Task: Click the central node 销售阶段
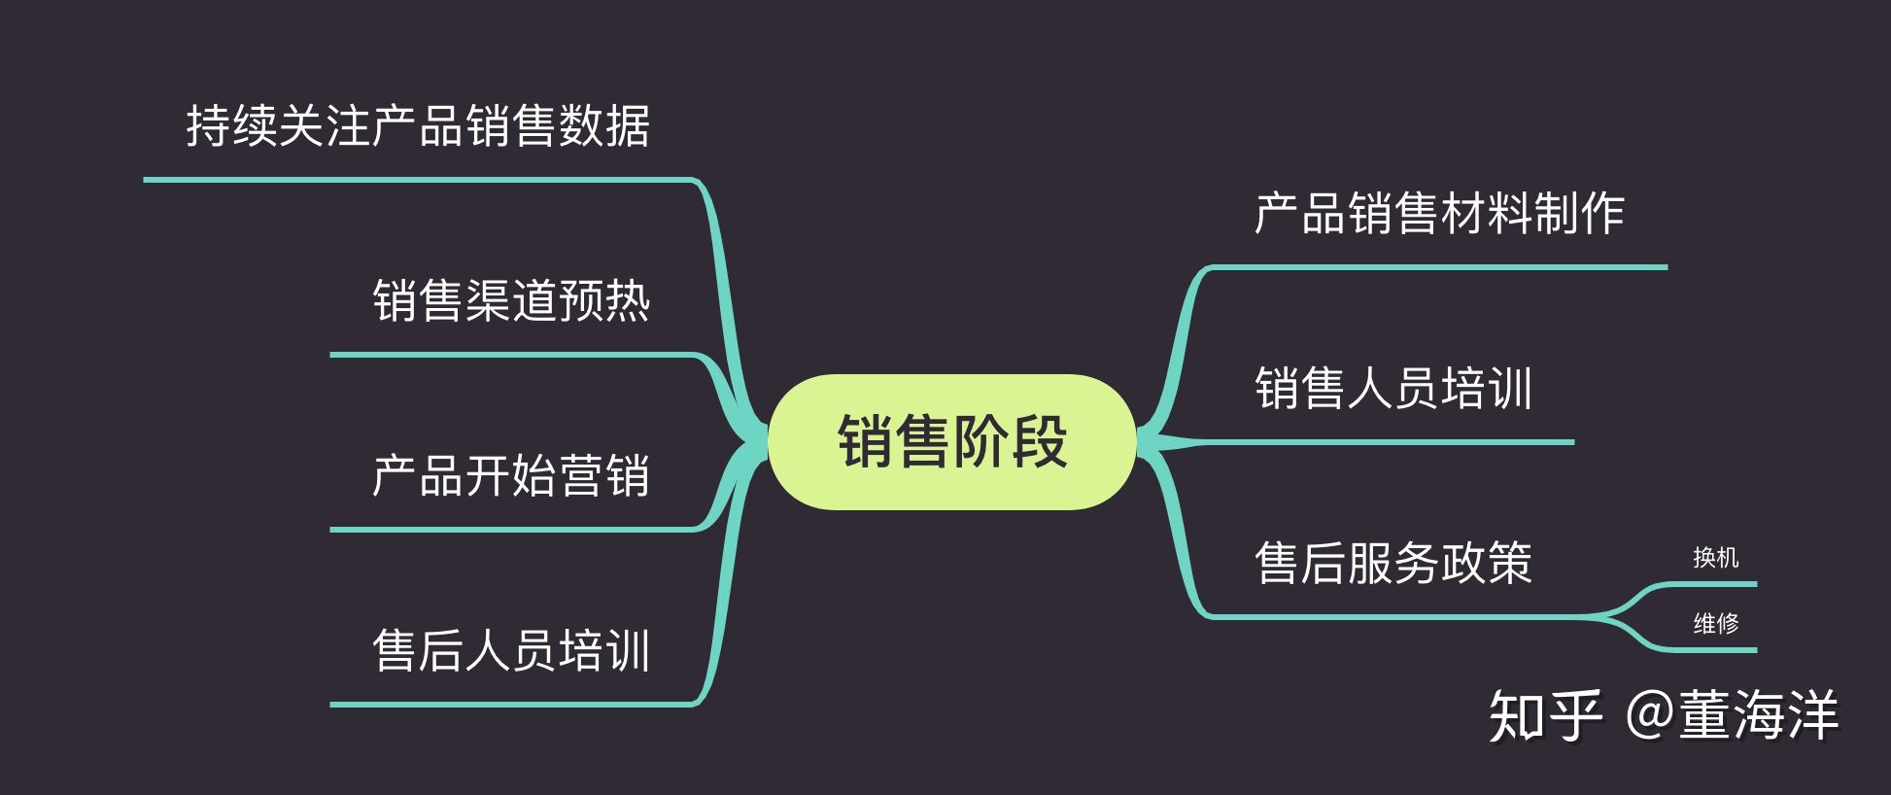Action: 951,442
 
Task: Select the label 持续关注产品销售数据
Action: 418,126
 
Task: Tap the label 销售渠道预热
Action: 511,300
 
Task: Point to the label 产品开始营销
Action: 511,476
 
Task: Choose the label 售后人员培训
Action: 511,651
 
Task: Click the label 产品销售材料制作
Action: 1439,214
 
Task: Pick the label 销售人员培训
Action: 1393,389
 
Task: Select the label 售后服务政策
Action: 1393,564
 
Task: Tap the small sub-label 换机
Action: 1715,558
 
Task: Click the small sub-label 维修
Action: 1715,623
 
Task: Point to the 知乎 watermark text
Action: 1545,716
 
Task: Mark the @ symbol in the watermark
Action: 1649,716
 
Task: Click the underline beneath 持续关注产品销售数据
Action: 418,180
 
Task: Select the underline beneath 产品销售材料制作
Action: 1438,267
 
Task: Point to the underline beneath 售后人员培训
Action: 511,705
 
